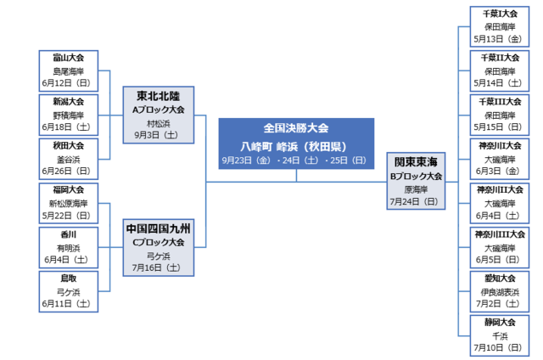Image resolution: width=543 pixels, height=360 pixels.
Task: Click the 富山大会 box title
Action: coord(74,57)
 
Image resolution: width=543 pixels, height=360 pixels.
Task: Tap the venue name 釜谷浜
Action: coord(74,158)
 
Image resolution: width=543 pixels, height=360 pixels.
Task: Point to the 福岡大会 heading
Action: coord(74,189)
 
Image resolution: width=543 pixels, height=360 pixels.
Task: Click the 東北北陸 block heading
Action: coord(163,95)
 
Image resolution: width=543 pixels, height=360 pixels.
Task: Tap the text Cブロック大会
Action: coord(163,242)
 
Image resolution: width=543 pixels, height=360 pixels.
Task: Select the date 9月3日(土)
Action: coord(163,133)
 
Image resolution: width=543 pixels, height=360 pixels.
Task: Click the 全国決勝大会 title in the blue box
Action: coord(296,127)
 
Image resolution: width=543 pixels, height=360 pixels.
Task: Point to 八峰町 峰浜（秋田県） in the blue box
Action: coord(296,144)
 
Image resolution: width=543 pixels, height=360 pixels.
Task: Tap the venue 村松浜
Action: coord(163,121)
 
